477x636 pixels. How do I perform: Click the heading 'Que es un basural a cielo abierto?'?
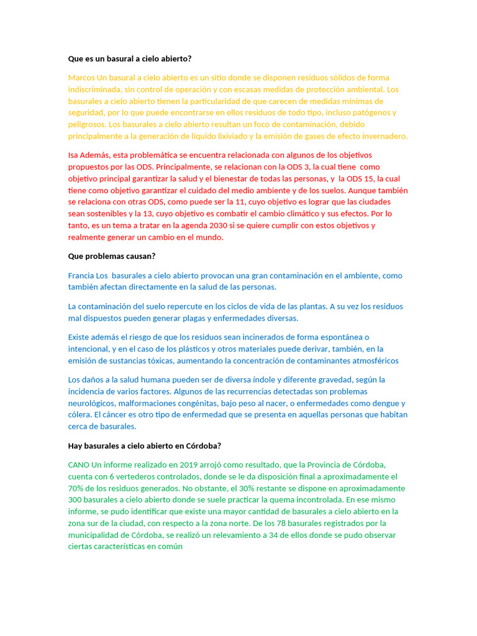pos(130,59)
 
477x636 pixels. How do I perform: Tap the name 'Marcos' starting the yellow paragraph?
pos(81,78)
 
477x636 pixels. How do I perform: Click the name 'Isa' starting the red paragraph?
pos(74,155)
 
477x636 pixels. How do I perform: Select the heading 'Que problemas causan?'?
pos(112,256)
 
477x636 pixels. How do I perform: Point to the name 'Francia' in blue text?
pos(81,275)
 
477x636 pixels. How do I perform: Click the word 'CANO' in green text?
pos(78,465)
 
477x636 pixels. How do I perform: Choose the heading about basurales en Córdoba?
pos(145,446)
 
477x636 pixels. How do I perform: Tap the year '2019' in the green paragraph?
pos(189,465)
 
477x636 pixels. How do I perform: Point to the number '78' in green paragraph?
pos(281,523)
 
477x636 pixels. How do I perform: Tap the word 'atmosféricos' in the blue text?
pos(373,361)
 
